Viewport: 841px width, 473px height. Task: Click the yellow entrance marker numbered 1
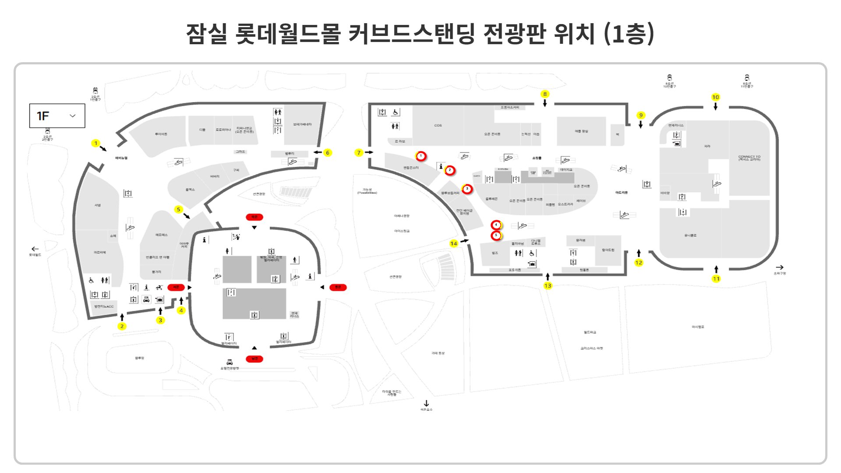(96, 143)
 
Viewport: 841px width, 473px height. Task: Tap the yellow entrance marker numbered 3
(160, 320)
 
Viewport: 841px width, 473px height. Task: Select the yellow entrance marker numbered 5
(178, 209)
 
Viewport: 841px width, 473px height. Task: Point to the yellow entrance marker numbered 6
(328, 153)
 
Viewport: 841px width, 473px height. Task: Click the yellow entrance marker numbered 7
(359, 153)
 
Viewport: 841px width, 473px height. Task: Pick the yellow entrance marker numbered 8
(545, 94)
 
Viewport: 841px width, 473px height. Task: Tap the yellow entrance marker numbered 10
(715, 97)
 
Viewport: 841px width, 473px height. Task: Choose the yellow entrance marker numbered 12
(639, 263)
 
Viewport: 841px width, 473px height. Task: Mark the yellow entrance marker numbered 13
(548, 286)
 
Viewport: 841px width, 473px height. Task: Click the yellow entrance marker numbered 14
(454, 244)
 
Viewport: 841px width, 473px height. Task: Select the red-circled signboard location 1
(421, 156)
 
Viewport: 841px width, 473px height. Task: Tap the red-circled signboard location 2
(450, 170)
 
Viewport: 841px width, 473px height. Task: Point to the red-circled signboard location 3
(467, 189)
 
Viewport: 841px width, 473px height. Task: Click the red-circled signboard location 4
(496, 225)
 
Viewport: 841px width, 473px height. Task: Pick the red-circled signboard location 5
(496, 236)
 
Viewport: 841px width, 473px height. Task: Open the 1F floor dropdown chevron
(73, 116)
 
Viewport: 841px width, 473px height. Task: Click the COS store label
(438, 126)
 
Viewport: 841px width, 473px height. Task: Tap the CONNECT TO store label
(749, 158)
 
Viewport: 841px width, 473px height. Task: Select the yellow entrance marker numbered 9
(641, 116)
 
